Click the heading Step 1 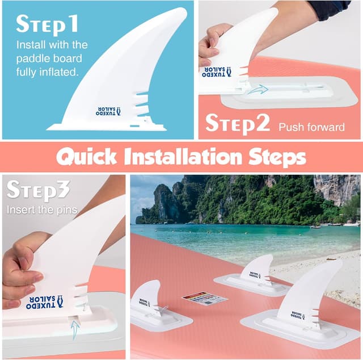(x=47, y=24)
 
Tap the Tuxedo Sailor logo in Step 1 (x=117, y=111)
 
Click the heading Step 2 (x=237, y=123)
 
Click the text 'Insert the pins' (x=42, y=210)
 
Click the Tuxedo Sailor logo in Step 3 (x=45, y=301)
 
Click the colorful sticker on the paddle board (x=204, y=299)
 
